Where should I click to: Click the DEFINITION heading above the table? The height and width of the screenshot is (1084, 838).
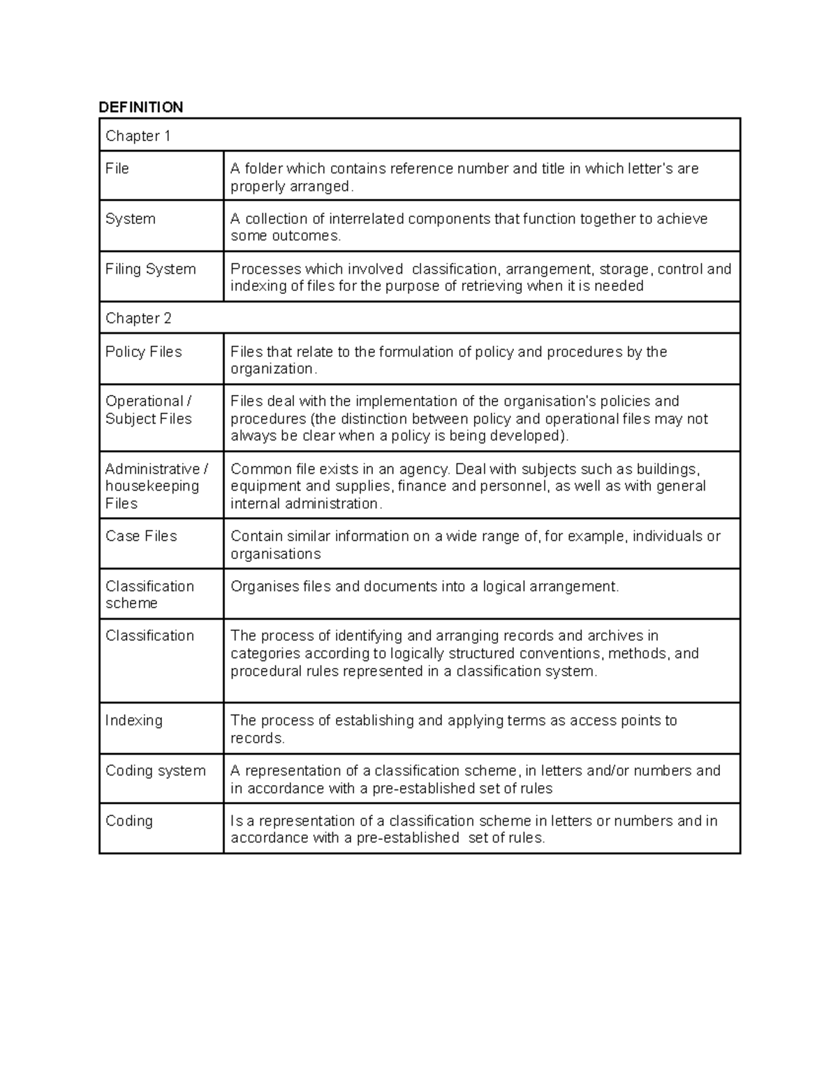pos(140,107)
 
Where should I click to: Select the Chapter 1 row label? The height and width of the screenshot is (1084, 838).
pos(138,136)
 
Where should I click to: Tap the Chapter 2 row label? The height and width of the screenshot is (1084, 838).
pos(138,318)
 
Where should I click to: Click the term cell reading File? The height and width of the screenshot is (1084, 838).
pos(117,169)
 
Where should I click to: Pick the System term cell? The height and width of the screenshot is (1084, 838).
pos(130,219)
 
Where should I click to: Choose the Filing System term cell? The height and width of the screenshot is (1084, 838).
pos(150,269)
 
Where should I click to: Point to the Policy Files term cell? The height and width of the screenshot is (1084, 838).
pos(143,352)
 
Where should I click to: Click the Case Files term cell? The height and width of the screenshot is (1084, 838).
pos(141,536)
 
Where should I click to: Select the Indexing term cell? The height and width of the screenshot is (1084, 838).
pos(133,720)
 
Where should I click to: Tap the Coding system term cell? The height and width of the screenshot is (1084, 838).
pos(155,771)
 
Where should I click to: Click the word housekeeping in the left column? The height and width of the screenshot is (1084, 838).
pos(152,486)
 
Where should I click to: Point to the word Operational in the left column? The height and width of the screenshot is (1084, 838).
pos(144,401)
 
